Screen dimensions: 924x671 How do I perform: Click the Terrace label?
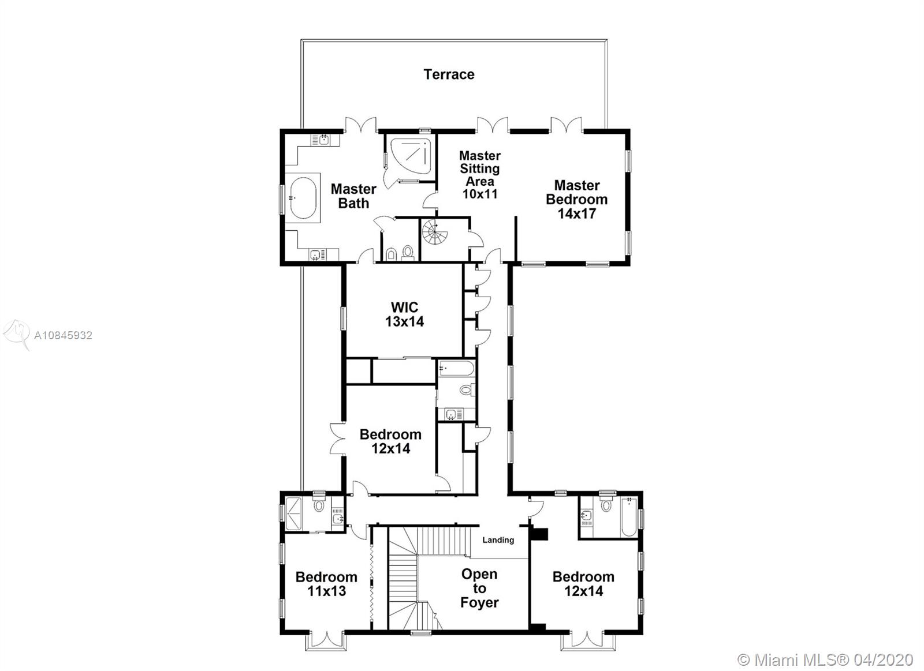pyautogui.click(x=449, y=74)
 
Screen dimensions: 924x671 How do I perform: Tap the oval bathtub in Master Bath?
pyautogui.click(x=303, y=198)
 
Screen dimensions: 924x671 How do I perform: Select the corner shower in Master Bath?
pyautogui.click(x=411, y=156)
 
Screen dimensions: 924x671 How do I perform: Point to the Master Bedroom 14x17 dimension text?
pyautogui.click(x=577, y=213)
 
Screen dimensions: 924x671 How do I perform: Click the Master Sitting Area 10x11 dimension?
pyautogui.click(x=480, y=194)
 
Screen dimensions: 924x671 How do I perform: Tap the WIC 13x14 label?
pyautogui.click(x=404, y=314)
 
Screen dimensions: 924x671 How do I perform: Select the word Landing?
pyautogui.click(x=498, y=540)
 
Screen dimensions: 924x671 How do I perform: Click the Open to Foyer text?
pyautogui.click(x=479, y=588)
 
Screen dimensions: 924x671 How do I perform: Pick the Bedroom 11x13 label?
pyautogui.click(x=326, y=584)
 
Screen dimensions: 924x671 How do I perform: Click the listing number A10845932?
pyautogui.click(x=63, y=335)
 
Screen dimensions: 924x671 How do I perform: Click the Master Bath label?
pyautogui.click(x=353, y=196)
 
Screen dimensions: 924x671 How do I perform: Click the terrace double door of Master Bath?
pyautogui.click(x=361, y=125)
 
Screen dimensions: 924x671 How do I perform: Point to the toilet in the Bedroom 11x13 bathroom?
pyautogui.click(x=319, y=504)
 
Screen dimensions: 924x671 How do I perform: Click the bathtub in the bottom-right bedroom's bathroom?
pyautogui.click(x=629, y=516)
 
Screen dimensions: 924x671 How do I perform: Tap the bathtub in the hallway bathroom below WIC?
pyautogui.click(x=456, y=369)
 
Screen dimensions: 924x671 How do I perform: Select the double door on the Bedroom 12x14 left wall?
pyautogui.click(x=338, y=439)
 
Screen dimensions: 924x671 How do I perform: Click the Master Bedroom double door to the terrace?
pyautogui.click(x=566, y=125)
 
